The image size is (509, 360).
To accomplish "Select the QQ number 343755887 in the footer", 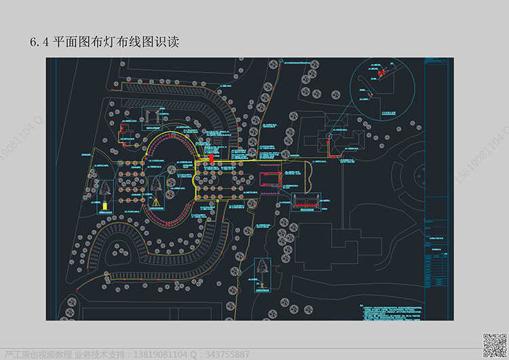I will (x=227, y=355).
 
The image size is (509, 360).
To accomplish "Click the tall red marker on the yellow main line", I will (x=212, y=158).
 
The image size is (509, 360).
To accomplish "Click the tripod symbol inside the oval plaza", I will (x=157, y=200).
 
